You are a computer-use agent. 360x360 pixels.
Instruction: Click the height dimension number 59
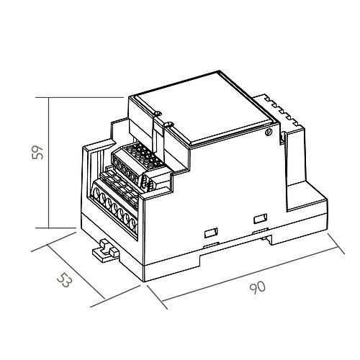tap(40, 152)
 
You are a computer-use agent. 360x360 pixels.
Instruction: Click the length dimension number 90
tap(257, 287)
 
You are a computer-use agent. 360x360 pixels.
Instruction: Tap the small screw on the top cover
tap(268, 132)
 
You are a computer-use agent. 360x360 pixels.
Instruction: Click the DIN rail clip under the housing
tap(107, 249)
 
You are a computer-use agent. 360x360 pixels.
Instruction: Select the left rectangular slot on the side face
tap(210, 232)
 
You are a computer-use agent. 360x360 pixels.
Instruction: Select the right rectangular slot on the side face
tap(259, 218)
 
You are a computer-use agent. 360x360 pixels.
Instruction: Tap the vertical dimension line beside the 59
tap(48, 162)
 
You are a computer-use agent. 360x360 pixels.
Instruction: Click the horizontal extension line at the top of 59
tap(86, 96)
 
